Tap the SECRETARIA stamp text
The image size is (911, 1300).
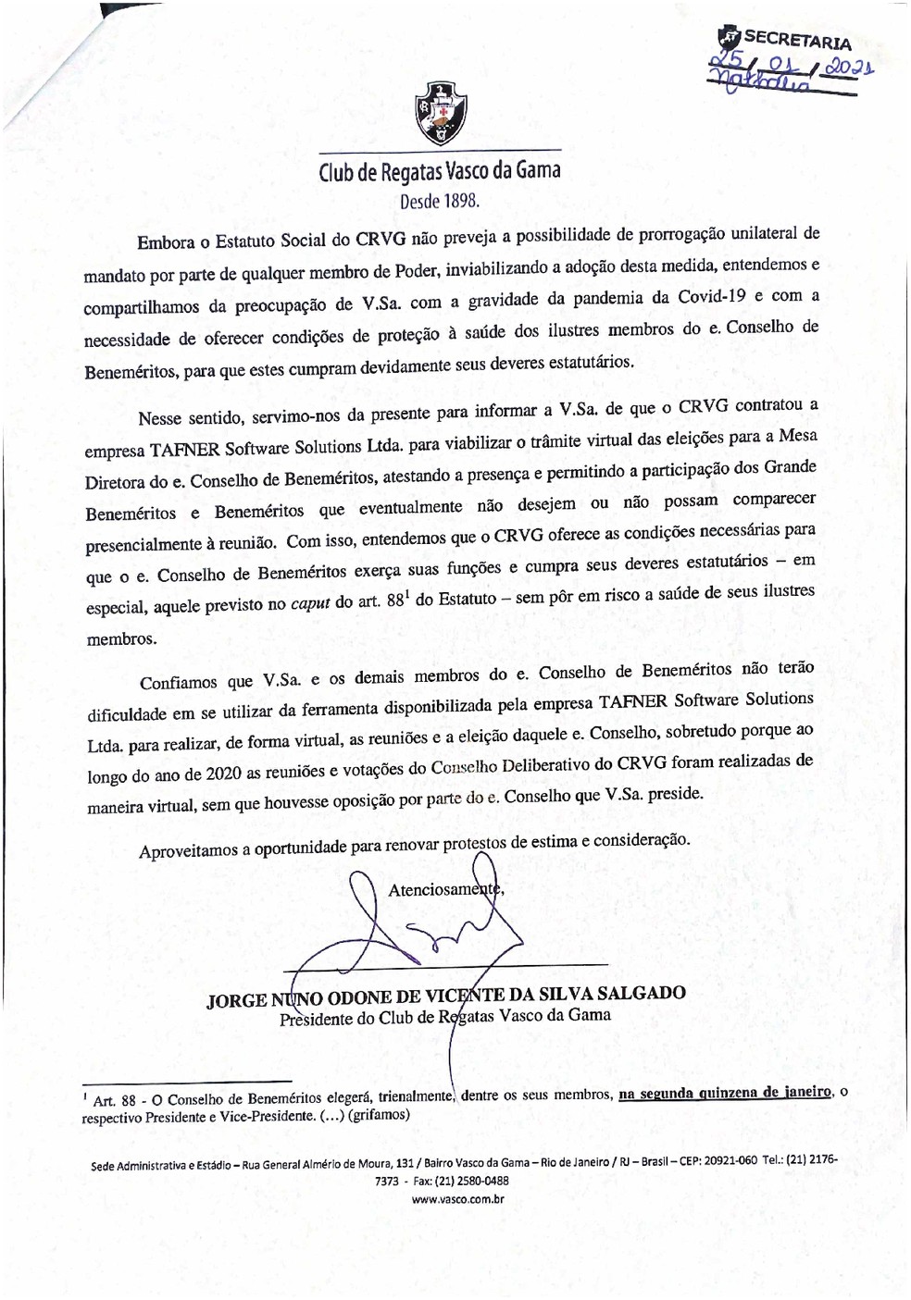tap(797, 40)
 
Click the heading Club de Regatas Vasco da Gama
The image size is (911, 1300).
tap(440, 172)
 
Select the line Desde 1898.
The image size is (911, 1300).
tap(440, 201)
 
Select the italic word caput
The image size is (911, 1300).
tap(310, 603)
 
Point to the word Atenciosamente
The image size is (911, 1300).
tap(444, 889)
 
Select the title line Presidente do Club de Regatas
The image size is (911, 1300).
tap(445, 1017)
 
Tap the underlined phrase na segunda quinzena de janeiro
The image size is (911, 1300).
tap(726, 1093)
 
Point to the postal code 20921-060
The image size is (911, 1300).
tap(730, 1161)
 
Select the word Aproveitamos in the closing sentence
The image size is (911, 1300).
tap(188, 850)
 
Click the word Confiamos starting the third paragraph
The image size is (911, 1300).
tap(180, 683)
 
